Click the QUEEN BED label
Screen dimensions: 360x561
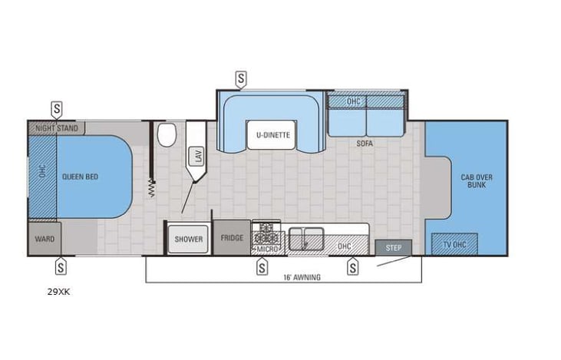[x=80, y=177]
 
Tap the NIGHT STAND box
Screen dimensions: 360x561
[x=57, y=128]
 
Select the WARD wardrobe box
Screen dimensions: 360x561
[x=44, y=239]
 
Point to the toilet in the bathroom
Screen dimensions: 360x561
[x=165, y=137]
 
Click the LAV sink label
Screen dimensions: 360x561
[x=197, y=157]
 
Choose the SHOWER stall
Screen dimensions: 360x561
[x=188, y=239]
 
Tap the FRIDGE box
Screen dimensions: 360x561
[x=232, y=238]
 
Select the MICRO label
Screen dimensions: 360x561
[x=267, y=249]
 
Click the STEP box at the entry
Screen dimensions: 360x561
[x=393, y=248]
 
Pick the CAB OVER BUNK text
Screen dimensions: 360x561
[x=477, y=182]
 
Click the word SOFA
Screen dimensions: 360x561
[x=365, y=143]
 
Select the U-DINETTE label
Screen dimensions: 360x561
[x=269, y=136]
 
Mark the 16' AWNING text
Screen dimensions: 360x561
[x=302, y=277]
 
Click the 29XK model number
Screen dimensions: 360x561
[x=58, y=292]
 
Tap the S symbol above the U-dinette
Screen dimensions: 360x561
[x=241, y=78]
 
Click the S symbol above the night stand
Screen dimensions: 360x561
[x=57, y=108]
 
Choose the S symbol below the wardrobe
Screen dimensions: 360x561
[x=60, y=266]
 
